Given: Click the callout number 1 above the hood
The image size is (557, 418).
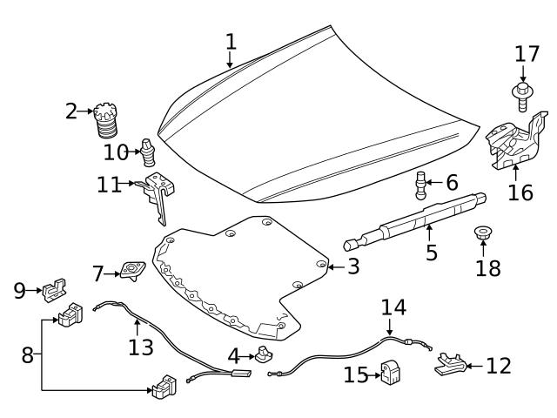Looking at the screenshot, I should (x=231, y=41).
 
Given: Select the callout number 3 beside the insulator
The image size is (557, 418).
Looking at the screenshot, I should (x=352, y=266).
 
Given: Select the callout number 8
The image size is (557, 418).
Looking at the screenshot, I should (x=27, y=354).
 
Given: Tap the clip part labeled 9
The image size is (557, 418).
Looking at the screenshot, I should (x=53, y=288).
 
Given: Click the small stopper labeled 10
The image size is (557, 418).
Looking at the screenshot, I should (x=149, y=155).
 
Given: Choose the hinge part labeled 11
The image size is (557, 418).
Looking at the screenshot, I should (x=159, y=193).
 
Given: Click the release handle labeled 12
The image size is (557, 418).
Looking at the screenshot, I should (x=446, y=365).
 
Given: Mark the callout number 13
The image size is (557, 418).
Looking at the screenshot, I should (x=140, y=347).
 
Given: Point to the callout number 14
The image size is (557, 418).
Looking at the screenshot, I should (x=393, y=307).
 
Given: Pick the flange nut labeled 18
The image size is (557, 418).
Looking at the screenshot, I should (x=483, y=235).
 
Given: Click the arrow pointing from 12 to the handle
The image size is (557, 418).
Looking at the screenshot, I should (x=473, y=367).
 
